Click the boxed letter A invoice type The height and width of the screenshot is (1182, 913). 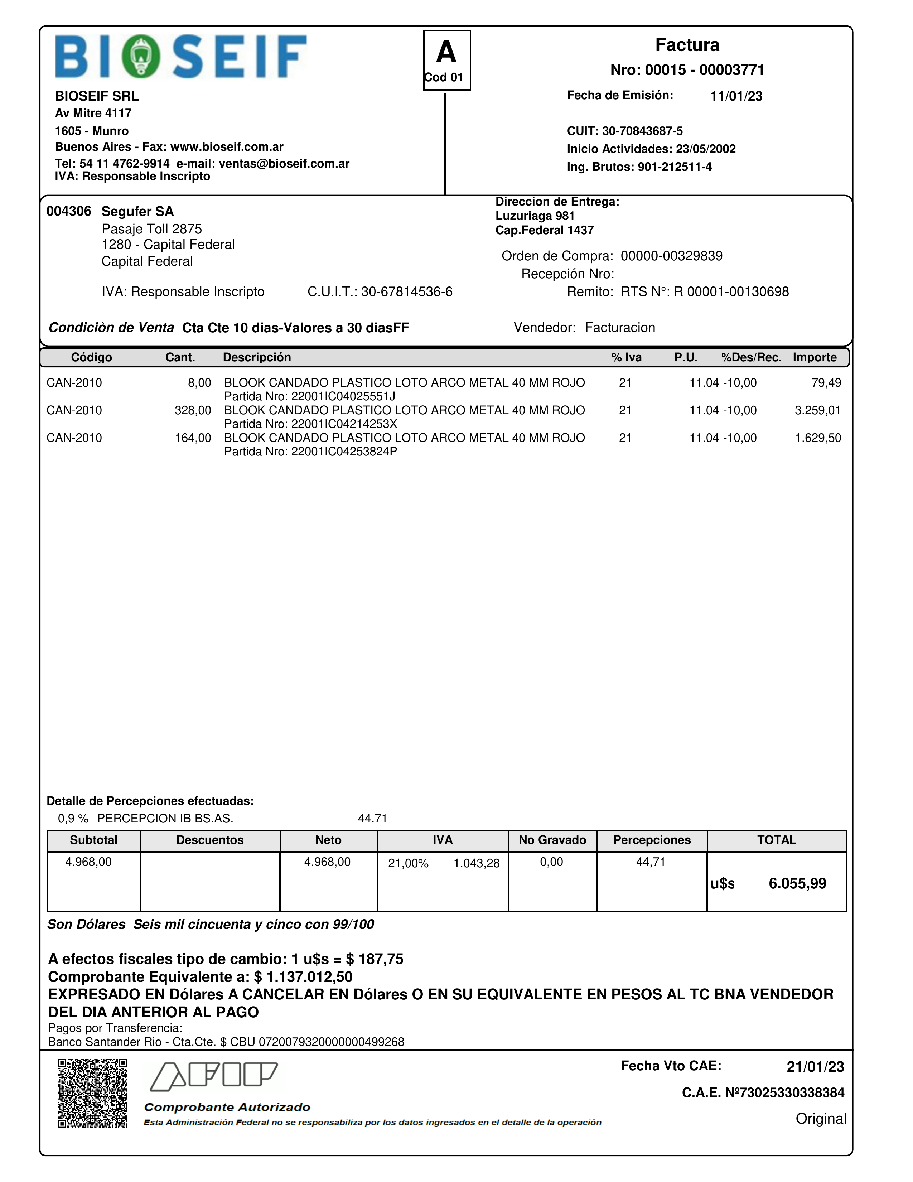click(446, 53)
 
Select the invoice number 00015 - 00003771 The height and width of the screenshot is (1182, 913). click(687, 70)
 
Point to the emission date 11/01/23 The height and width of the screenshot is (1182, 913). click(736, 96)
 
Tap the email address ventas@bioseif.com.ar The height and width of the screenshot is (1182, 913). click(284, 163)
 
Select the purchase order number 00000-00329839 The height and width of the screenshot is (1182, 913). click(671, 256)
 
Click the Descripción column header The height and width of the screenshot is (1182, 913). click(257, 357)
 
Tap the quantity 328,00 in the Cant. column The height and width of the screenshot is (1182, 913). click(193, 410)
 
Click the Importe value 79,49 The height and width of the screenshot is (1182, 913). click(826, 383)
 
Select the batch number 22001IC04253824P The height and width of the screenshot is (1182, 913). click(344, 452)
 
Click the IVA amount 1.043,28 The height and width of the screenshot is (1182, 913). click(476, 863)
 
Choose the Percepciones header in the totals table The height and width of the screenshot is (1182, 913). click(652, 840)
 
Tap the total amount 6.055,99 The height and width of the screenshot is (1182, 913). click(797, 884)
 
